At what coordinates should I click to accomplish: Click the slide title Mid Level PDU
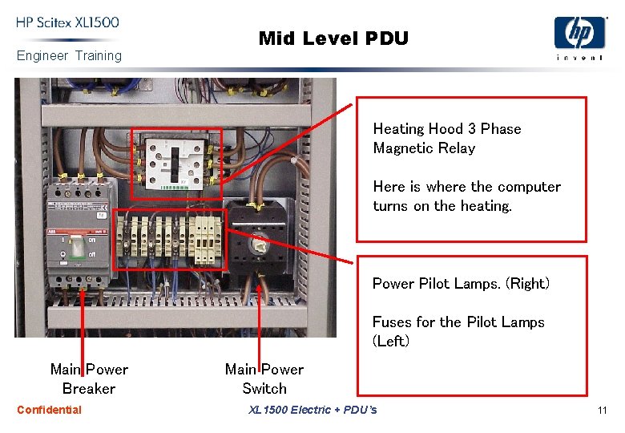pyautogui.click(x=333, y=38)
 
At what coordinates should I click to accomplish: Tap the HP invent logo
pyautogui.click(x=579, y=37)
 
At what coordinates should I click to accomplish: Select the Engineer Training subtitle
pyautogui.click(x=69, y=55)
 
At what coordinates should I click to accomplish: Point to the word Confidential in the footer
pyautogui.click(x=49, y=410)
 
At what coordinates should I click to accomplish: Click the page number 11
pyautogui.click(x=602, y=411)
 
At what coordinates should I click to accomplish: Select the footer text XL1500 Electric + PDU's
pyautogui.click(x=312, y=411)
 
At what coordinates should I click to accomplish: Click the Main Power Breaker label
pyautogui.click(x=89, y=378)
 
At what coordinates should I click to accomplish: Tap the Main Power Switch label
pyautogui.click(x=264, y=378)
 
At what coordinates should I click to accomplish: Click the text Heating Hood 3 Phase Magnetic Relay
pyautogui.click(x=446, y=138)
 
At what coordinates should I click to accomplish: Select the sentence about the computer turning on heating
pyautogui.click(x=466, y=196)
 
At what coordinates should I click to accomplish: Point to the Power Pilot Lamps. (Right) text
pyautogui.click(x=461, y=283)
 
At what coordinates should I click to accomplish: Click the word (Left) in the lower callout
pyautogui.click(x=391, y=341)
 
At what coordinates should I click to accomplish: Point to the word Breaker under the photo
pyautogui.click(x=89, y=389)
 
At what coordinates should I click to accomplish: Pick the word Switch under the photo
pyautogui.click(x=264, y=389)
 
